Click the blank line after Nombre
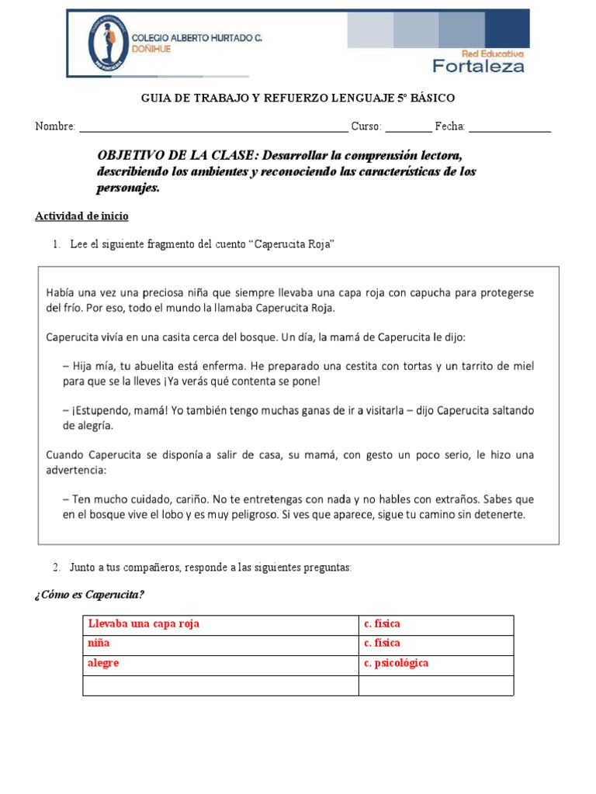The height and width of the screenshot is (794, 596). [x=213, y=127]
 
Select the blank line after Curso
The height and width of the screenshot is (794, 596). [x=407, y=127]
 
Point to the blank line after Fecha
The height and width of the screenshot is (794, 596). [x=510, y=127]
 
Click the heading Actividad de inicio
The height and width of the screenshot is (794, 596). [x=81, y=216]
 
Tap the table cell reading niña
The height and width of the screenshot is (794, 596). [x=99, y=644]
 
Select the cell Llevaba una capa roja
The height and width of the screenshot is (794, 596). [x=144, y=624]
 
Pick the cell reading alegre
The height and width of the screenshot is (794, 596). [x=104, y=664]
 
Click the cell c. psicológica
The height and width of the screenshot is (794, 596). [x=396, y=664]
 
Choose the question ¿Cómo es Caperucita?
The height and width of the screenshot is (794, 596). [x=89, y=595]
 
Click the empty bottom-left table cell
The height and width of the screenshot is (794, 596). [x=220, y=685]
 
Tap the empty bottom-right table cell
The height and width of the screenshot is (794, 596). [x=435, y=685]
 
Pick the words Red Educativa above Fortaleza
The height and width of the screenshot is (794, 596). [x=493, y=54]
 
